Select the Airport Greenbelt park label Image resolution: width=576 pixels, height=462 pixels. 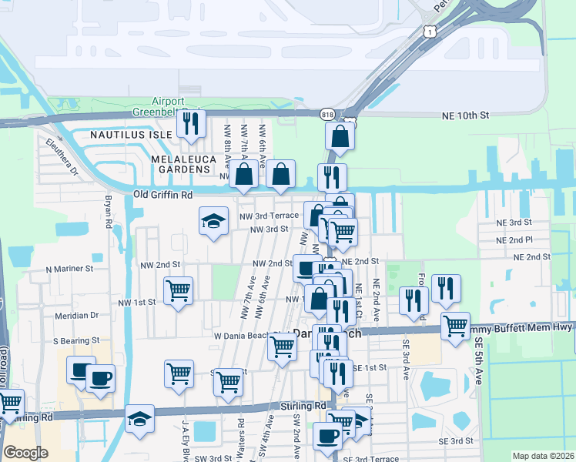coord(169,107)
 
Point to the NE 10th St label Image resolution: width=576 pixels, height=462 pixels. coord(465,115)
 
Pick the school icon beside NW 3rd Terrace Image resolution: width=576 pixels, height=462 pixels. coord(214,222)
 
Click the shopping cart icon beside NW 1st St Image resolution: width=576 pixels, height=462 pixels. coord(179,291)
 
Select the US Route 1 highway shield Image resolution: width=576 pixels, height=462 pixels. coord(429,30)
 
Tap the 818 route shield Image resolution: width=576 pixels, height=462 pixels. coord(327,112)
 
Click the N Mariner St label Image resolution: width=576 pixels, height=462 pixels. coord(69,269)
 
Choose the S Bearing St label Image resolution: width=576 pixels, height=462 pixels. coord(76,340)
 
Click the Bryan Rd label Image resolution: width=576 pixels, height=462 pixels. coord(109,212)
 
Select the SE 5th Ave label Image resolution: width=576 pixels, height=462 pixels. coord(478,362)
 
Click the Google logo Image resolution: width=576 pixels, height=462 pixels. coord(25,453)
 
